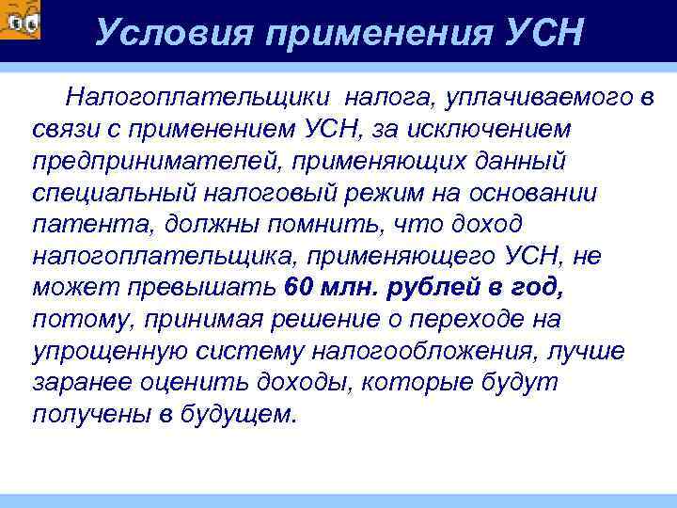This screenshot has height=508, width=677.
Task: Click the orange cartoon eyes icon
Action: click(20, 20)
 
